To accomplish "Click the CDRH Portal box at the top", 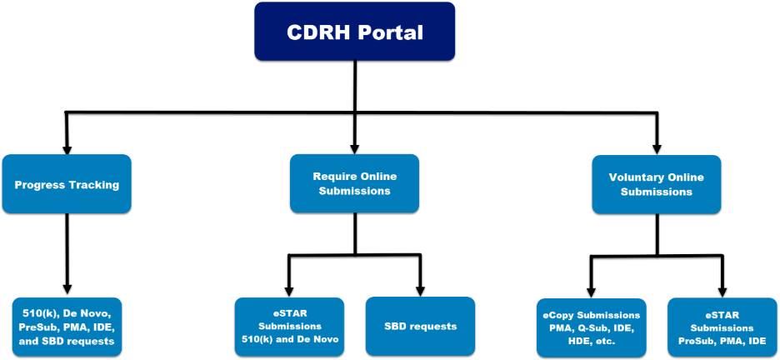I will [x=354, y=32].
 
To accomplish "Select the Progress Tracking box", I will [x=67, y=184].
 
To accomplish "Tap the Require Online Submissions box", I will [x=354, y=183].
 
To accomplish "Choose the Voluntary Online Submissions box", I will [x=656, y=184].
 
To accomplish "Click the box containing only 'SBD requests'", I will [x=421, y=326].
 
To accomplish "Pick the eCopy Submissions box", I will [x=591, y=327].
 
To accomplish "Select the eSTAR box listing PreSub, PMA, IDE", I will [x=722, y=327].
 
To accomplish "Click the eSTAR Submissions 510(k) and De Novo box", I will [x=289, y=327].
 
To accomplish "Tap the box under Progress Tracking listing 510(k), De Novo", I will [x=67, y=327].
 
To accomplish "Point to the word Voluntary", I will [x=637, y=177].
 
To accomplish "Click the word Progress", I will [x=39, y=185].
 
